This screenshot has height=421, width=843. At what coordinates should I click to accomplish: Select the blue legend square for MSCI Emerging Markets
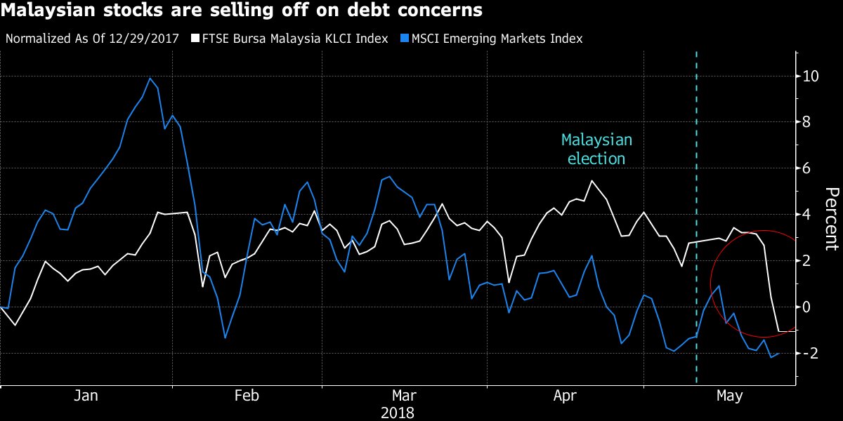405,39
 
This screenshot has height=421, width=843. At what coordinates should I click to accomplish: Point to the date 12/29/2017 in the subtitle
144,39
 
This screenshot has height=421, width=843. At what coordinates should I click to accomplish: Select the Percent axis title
831,218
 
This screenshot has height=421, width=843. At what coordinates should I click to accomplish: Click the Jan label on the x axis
86,396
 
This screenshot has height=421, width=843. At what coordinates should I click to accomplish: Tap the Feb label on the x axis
247,396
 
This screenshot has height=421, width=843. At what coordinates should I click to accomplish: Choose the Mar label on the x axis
404,396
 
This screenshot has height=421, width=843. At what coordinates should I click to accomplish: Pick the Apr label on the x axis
565,396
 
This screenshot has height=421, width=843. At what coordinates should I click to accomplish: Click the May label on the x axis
728,396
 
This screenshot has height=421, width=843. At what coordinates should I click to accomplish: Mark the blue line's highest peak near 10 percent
150,78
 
